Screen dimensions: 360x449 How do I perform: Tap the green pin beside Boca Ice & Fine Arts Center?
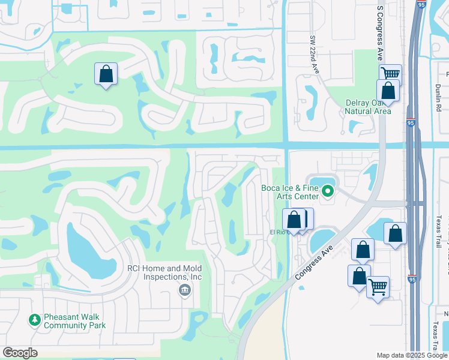point(328,192)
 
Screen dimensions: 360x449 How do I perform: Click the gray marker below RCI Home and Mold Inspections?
point(184,290)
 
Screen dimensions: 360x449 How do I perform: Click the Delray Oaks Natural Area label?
point(368,107)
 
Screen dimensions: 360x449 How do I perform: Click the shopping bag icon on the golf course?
point(106,74)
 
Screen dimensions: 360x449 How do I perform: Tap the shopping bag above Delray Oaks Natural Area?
point(388,91)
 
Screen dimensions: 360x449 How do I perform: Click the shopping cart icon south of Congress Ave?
point(378,287)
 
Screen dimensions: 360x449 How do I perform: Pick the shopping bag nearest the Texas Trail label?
point(395,233)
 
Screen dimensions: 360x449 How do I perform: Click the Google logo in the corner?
point(20,353)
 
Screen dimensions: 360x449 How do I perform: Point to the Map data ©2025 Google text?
point(411,355)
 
